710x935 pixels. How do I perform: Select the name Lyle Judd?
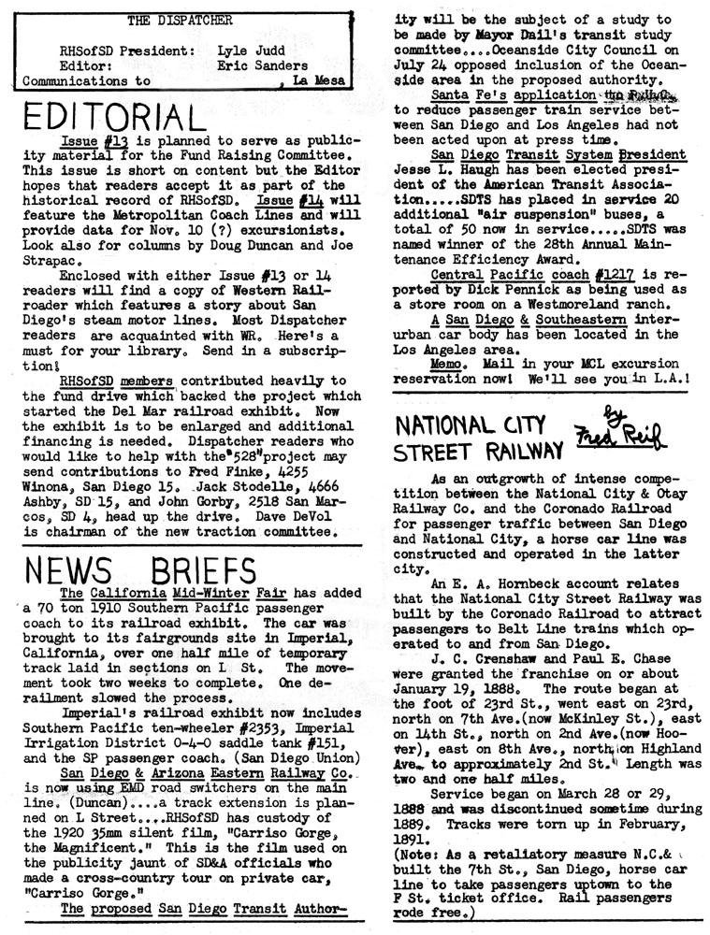coord(246,51)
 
